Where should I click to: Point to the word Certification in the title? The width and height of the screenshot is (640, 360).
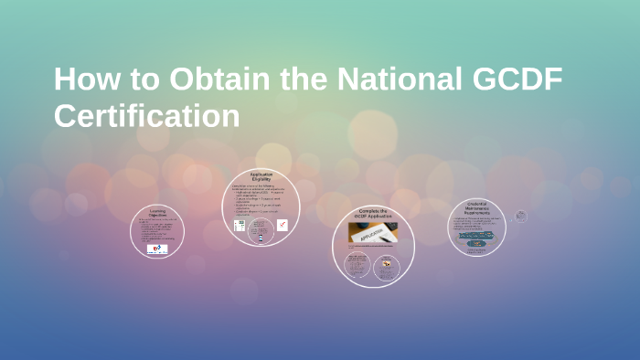click(146, 116)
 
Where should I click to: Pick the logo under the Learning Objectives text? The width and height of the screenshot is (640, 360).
click(157, 249)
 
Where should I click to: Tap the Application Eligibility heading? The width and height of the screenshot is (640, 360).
click(261, 177)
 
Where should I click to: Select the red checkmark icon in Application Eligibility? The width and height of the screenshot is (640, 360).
click(283, 224)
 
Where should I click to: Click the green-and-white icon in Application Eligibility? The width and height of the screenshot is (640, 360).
click(240, 225)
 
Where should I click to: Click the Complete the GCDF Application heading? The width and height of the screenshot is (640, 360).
click(373, 215)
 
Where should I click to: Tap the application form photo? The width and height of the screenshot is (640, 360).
click(373, 234)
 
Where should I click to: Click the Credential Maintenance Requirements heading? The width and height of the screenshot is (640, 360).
click(477, 207)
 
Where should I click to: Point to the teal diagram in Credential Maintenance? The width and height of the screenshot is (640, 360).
click(476, 238)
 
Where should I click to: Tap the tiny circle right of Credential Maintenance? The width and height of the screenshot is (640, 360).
click(521, 216)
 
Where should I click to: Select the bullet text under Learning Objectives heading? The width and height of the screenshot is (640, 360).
click(156, 229)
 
